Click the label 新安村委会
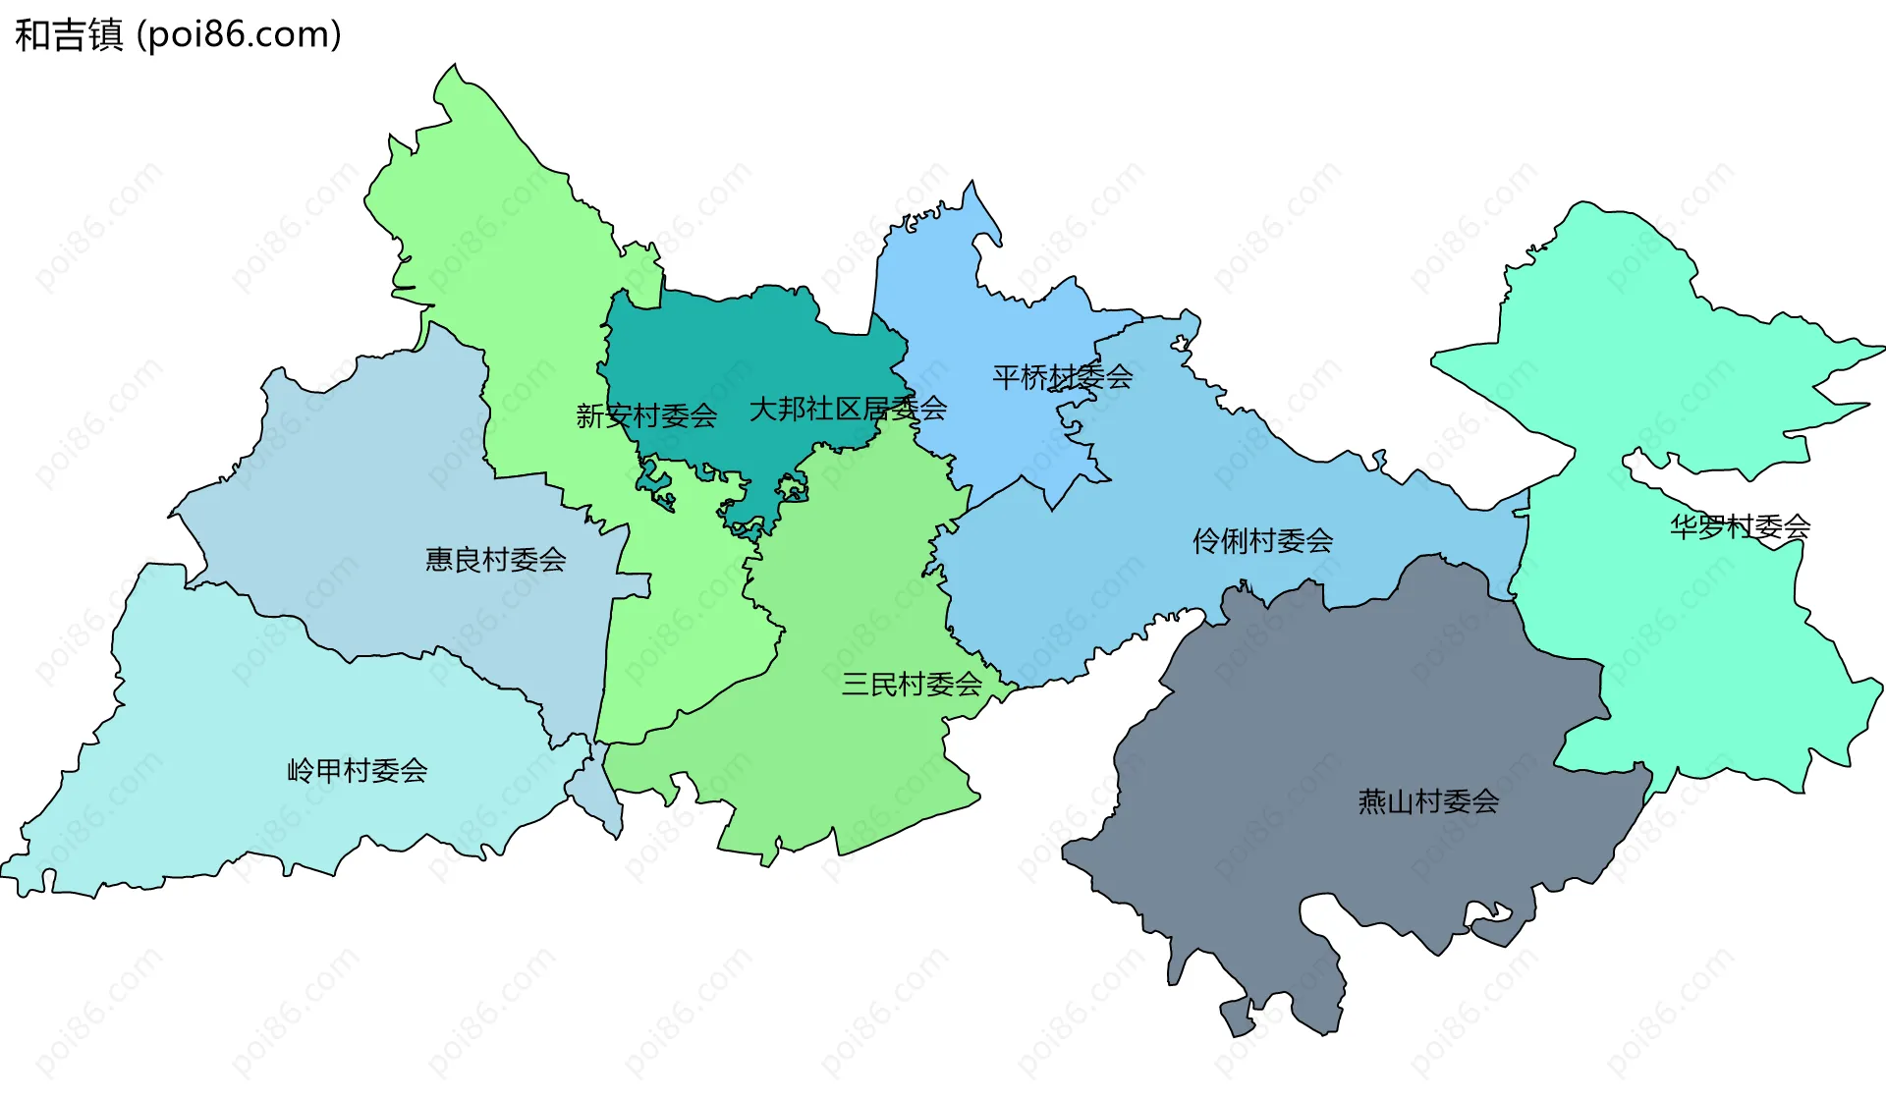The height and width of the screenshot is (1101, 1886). pyautogui.click(x=646, y=416)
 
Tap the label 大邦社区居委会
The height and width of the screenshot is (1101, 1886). pyautogui.click(x=848, y=409)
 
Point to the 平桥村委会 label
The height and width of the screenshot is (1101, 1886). pyautogui.click(x=1062, y=377)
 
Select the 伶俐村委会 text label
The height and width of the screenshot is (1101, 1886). pyautogui.click(x=1262, y=540)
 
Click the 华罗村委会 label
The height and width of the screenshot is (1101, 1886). pyautogui.click(x=1740, y=527)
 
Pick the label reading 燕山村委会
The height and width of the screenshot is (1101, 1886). pyautogui.click(x=1428, y=802)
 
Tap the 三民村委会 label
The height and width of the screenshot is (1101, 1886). pyautogui.click(x=912, y=685)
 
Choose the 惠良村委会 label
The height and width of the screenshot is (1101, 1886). pyautogui.click(x=495, y=560)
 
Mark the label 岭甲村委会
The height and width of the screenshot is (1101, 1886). pyautogui.click(x=357, y=771)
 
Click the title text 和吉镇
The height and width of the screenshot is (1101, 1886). pyautogui.click(x=69, y=35)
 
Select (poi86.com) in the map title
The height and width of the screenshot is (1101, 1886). pyautogui.click(x=239, y=35)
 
